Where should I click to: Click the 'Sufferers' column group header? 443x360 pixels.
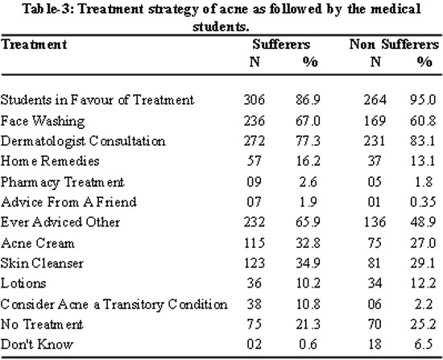pyautogui.click(x=281, y=44)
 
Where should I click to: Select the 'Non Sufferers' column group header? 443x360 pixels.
pyautogui.click(x=394, y=44)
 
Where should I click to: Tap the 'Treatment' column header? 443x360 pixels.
pyautogui.click(x=34, y=44)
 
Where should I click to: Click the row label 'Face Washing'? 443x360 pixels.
pyautogui.click(x=43, y=122)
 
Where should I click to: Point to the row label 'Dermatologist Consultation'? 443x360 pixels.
pyautogui.click(x=83, y=141)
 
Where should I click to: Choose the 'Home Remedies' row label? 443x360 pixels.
pyautogui.click(x=50, y=161)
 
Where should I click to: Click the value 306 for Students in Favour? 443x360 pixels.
pyautogui.click(x=255, y=100)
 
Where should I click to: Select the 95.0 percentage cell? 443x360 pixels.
pyautogui.click(x=423, y=100)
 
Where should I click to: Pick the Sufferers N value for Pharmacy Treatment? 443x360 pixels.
pyautogui.click(x=254, y=182)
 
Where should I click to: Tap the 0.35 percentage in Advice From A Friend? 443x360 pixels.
pyautogui.click(x=423, y=202)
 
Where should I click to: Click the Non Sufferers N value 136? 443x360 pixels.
pyautogui.click(x=375, y=222)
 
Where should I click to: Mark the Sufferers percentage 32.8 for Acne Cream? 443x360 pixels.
pyautogui.click(x=308, y=243)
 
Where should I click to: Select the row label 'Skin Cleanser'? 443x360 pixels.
pyautogui.click(x=42, y=263)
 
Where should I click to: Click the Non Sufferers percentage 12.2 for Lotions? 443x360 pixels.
pyautogui.click(x=423, y=283)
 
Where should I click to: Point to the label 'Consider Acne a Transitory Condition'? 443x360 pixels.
pyautogui.click(x=114, y=304)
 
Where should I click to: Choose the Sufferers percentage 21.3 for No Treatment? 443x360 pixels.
pyautogui.click(x=308, y=324)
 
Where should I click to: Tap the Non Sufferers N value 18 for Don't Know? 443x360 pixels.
pyautogui.click(x=375, y=345)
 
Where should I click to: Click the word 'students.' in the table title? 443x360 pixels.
pyautogui.click(x=221, y=27)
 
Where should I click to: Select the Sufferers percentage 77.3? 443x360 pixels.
pyautogui.click(x=308, y=141)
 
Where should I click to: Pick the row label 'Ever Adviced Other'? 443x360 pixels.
pyautogui.click(x=60, y=222)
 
